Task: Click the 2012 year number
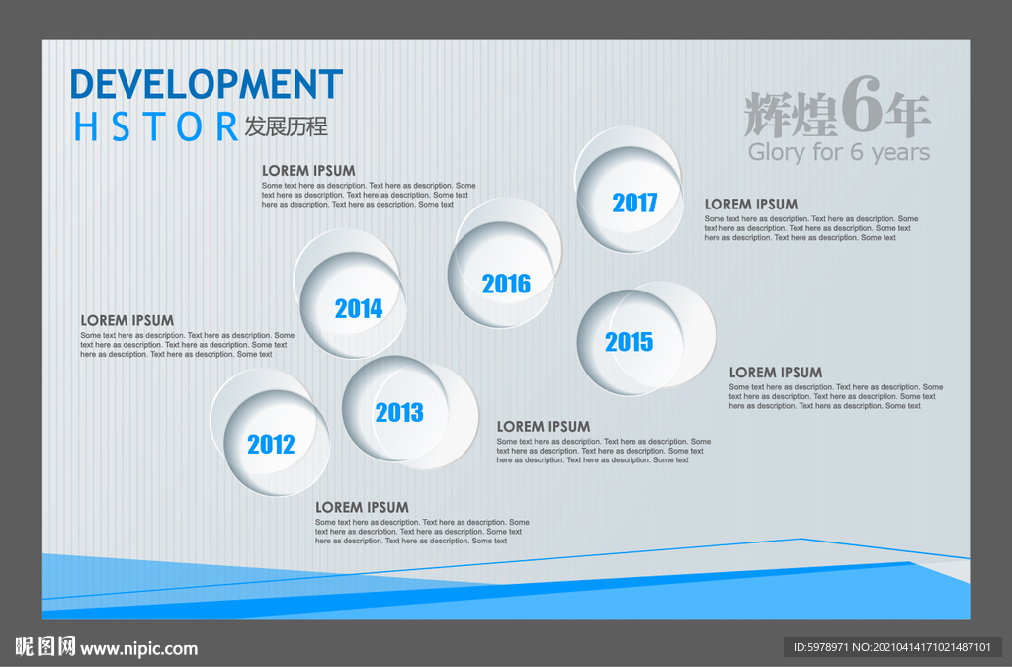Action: pos(271,444)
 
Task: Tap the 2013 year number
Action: pos(399,412)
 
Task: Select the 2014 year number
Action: pos(359,308)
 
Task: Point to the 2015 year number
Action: pos(630,341)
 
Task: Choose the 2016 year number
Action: pos(506,284)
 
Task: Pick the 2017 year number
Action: pos(634,203)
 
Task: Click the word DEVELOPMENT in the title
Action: pos(207,84)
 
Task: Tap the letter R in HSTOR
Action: pos(226,126)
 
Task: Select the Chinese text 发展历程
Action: pos(286,126)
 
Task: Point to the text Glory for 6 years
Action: pos(838,152)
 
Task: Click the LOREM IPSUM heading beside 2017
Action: pos(751,204)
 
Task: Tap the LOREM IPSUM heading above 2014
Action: pos(308,170)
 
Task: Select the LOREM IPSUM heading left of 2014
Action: pos(127,320)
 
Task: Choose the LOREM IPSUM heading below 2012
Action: pos(362,507)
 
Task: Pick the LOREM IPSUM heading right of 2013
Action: pos(544,427)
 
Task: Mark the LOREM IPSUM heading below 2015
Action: pos(776,373)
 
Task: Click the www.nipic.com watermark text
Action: pos(138,648)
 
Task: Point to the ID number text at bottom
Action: pos(892,647)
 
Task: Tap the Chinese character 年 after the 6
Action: pos(907,115)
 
